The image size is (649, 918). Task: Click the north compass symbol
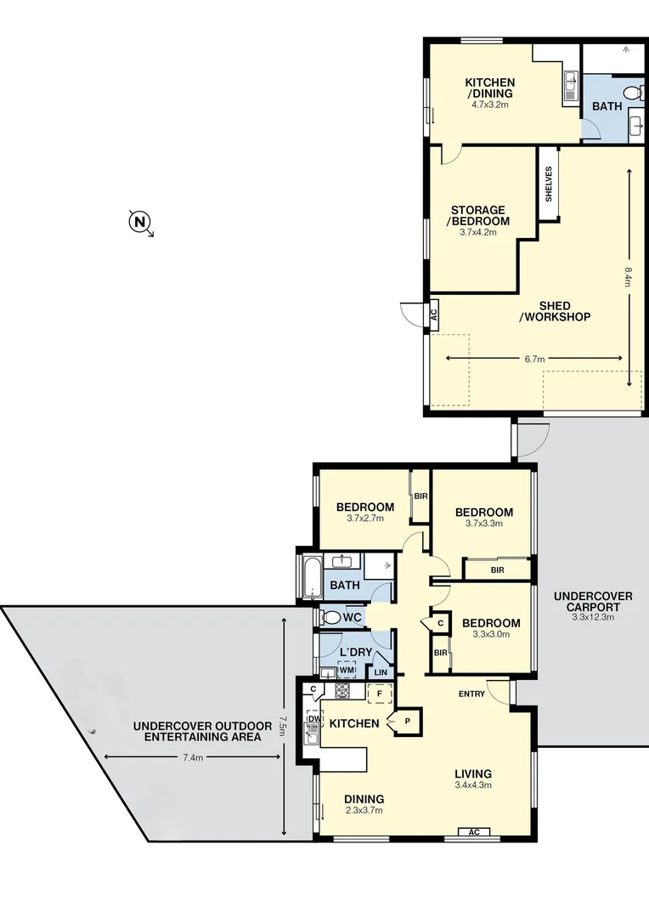tap(140, 223)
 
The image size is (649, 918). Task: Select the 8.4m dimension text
tap(629, 278)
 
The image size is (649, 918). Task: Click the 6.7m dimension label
tap(534, 360)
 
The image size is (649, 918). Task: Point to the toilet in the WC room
tap(330, 616)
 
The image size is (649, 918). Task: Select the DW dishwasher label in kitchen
tap(313, 719)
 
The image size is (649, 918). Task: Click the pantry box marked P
tap(406, 721)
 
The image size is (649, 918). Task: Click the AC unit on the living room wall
tap(473, 832)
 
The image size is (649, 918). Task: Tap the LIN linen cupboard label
tap(381, 672)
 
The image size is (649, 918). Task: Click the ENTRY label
tap(471, 694)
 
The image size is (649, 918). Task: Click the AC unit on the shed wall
tap(433, 312)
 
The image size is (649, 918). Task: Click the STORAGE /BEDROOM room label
tap(478, 215)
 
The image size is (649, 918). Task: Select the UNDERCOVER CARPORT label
tap(592, 602)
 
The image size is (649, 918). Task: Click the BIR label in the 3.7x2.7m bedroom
tap(420, 496)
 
